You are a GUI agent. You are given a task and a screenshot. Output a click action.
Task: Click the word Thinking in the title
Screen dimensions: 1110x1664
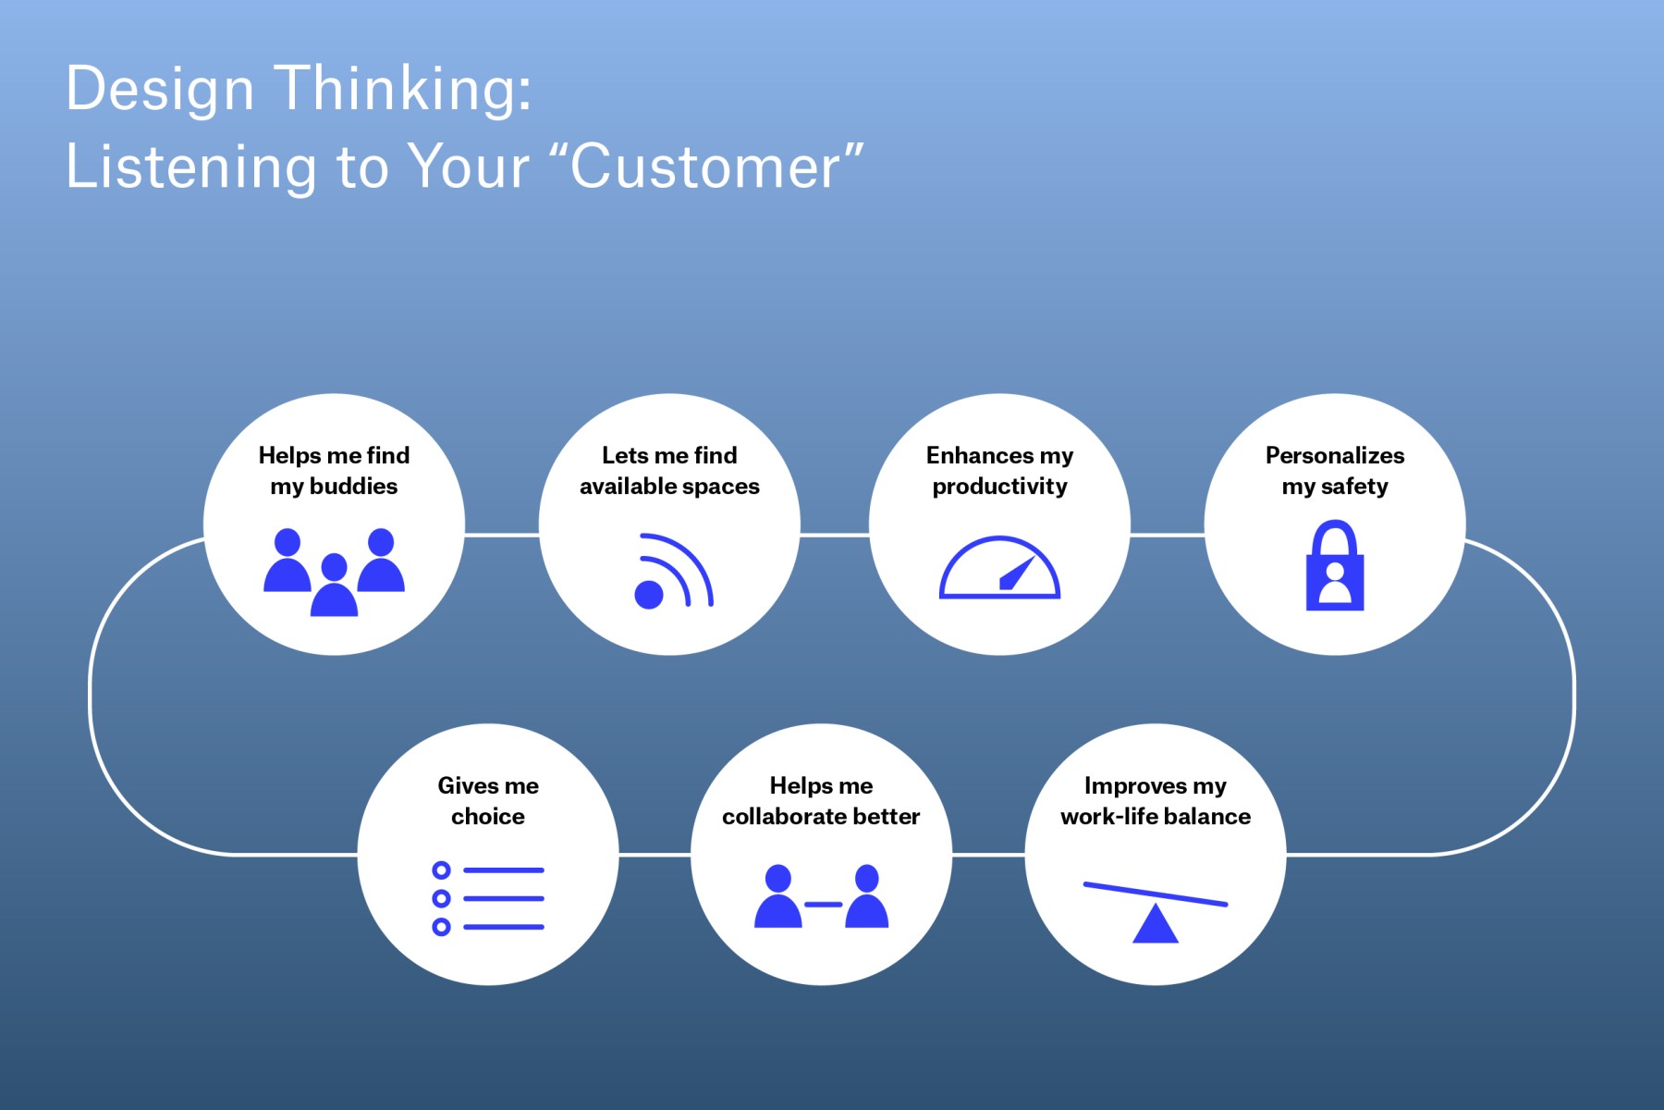(x=404, y=91)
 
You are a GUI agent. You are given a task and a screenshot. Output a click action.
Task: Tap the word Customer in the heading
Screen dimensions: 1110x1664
(x=704, y=167)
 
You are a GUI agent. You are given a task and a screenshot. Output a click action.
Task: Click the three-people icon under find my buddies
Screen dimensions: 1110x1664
(x=334, y=572)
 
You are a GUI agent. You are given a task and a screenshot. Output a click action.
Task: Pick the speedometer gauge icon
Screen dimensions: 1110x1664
(x=999, y=567)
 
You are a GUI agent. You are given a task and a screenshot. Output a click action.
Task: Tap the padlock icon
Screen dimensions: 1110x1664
(x=1334, y=565)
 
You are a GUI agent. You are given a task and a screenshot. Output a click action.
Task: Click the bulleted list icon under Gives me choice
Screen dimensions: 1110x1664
(x=488, y=898)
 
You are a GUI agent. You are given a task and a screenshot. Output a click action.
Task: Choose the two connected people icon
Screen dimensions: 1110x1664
(x=821, y=896)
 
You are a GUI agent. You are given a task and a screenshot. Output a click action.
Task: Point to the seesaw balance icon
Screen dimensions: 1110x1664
(x=1155, y=912)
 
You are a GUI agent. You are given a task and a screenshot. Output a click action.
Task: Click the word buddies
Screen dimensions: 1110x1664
(x=353, y=487)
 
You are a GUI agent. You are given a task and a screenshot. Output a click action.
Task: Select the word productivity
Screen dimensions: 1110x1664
(x=999, y=487)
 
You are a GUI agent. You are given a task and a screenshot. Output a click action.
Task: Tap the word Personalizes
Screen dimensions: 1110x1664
(x=1334, y=455)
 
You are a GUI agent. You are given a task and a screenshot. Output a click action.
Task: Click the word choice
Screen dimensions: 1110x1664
(x=488, y=817)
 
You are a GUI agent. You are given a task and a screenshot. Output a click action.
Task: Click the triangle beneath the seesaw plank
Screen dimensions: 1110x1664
(x=1155, y=926)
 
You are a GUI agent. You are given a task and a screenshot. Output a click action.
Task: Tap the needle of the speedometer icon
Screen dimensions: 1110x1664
(x=1017, y=573)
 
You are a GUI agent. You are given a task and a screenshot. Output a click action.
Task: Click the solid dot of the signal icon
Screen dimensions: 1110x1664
(x=649, y=595)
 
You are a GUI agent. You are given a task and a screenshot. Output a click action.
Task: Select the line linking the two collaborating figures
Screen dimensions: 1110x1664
(x=823, y=904)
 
